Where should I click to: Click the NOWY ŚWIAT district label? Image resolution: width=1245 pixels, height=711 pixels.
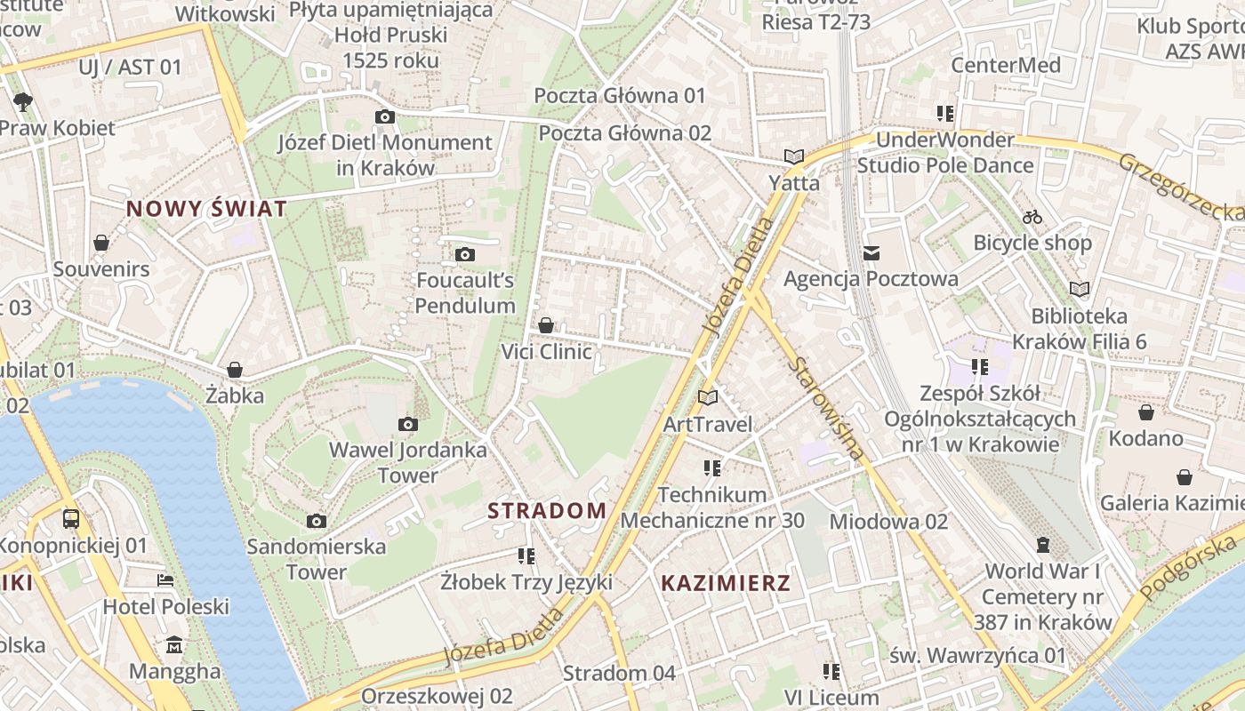(206, 209)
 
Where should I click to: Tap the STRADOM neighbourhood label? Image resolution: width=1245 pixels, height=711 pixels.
(547, 511)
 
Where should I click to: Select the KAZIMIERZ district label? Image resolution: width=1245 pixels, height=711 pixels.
(726, 583)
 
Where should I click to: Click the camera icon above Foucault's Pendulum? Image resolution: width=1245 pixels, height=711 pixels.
(464, 255)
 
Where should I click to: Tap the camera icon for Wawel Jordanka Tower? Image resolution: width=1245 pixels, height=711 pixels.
(408, 424)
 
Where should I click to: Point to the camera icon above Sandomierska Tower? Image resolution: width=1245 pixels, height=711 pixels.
(316, 521)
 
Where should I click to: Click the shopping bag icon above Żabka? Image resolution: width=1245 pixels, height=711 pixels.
(235, 369)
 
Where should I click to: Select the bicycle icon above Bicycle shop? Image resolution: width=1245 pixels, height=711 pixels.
(1032, 217)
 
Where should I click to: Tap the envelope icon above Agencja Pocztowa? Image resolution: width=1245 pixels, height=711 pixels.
(871, 253)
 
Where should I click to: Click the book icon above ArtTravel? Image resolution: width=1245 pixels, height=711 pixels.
(708, 397)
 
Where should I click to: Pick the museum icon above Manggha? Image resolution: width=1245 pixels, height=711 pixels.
(174, 644)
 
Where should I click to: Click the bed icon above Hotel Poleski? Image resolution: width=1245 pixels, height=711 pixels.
(165, 580)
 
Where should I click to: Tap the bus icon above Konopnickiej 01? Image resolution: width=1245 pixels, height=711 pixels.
(71, 518)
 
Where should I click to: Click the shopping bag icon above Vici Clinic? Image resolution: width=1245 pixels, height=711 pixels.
(546, 325)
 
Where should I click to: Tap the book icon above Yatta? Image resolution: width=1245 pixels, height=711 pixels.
(794, 156)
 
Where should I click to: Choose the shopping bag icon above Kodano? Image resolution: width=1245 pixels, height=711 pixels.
(1146, 412)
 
